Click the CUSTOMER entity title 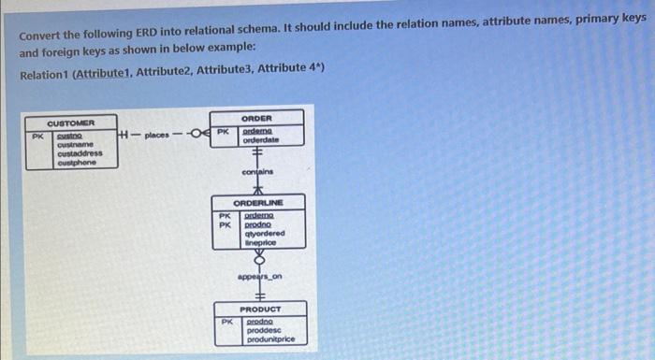pyautogui.click(x=71, y=122)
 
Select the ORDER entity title pyautogui.click(x=256, y=119)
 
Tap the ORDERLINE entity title pyautogui.click(x=257, y=203)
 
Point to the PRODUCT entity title pyautogui.click(x=259, y=309)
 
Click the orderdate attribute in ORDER pyautogui.click(x=261, y=141)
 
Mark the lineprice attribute pyautogui.click(x=260, y=242)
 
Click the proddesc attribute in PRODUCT pyautogui.click(x=262, y=330)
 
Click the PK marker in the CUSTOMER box pyautogui.click(x=36, y=137)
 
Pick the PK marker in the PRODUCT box pyautogui.click(x=226, y=322)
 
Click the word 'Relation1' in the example pyautogui.click(x=44, y=69)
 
